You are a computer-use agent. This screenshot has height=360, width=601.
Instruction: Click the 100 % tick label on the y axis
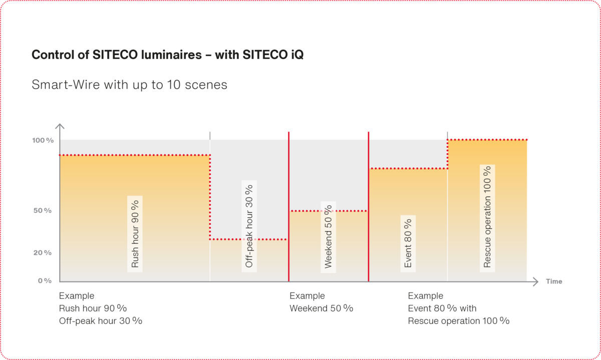pos(43,140)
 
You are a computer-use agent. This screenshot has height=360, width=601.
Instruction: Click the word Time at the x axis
pos(554,281)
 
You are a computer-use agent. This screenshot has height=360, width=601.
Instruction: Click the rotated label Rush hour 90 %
pos(135,234)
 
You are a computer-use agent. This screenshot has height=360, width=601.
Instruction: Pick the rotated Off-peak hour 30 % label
pos(249,225)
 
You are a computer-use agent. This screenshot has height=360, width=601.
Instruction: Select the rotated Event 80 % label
pos(408,243)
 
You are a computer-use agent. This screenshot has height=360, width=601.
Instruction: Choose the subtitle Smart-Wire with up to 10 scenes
pos(129,85)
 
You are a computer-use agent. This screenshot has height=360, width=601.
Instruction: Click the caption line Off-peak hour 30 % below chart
pos(101,321)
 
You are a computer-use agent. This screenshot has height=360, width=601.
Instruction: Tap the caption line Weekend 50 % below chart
pos(321,308)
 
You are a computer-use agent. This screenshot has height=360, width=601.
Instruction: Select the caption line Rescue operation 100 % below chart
pos(458,321)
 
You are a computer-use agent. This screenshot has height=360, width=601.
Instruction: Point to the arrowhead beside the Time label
pos(535,281)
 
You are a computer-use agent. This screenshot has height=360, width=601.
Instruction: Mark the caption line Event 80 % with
pos(442,308)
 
